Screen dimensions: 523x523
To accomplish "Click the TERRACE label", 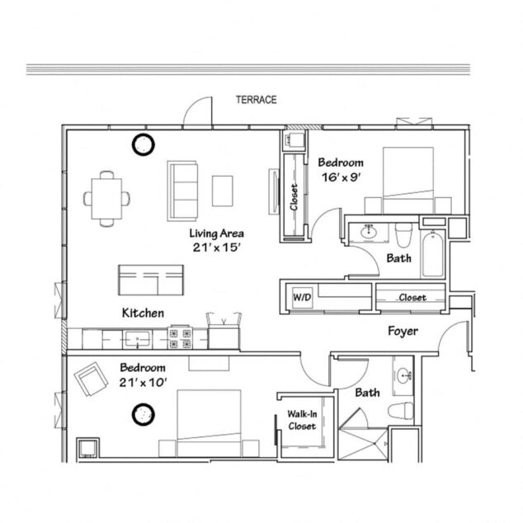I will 256,100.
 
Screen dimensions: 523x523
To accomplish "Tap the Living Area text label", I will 215,233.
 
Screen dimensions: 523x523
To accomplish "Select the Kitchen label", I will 143,313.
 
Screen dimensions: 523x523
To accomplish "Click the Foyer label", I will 403,332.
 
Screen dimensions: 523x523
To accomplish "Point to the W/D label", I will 301,296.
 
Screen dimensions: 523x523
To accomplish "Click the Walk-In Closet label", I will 301,420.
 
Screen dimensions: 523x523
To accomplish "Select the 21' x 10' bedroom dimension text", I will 143,382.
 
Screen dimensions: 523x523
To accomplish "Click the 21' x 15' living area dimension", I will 215,247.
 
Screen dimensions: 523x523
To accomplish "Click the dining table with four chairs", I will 107,198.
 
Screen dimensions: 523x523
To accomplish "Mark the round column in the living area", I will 144,145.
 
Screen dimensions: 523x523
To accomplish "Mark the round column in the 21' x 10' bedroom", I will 145,412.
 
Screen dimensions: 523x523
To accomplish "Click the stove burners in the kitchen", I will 181,337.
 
